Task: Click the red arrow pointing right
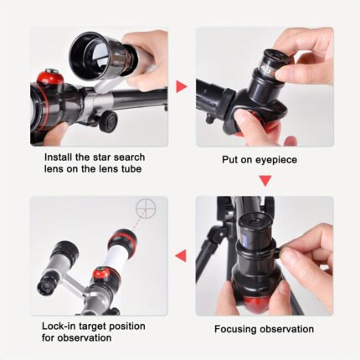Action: [x=181, y=87]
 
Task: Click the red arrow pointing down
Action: [x=265, y=181]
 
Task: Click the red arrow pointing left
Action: [x=181, y=255]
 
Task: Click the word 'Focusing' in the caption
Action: [x=236, y=329]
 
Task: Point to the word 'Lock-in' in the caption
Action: [x=59, y=326]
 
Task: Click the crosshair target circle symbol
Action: [x=146, y=208]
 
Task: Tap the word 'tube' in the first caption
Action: [x=131, y=169]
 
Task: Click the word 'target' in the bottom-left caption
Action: [x=93, y=327]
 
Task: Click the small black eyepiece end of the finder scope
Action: [x=45, y=285]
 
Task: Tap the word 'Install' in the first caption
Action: [x=59, y=157]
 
